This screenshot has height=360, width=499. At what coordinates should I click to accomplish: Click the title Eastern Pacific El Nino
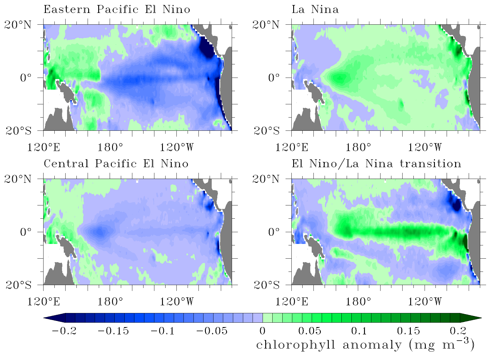coord(117,9)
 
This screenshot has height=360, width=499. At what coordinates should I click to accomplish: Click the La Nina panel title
coord(315,9)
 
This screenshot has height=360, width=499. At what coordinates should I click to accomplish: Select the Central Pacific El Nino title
coord(116,164)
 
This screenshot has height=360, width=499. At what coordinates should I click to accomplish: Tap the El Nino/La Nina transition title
coord(376,164)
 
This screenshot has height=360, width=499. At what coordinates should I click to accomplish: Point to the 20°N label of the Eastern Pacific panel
coord(18,24)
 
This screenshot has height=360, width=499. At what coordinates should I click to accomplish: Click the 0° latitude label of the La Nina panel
coord(274,78)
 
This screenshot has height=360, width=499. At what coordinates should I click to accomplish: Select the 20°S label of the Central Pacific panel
coord(19,285)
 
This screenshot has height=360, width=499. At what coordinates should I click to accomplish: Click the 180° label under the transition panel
coord(358,302)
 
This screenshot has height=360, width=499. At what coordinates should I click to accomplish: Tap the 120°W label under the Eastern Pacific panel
coord(177,148)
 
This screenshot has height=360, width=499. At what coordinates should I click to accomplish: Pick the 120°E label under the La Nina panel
coord(292,148)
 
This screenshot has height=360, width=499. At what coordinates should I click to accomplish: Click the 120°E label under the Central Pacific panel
coord(44,302)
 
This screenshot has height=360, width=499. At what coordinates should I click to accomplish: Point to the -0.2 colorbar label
coord(64,331)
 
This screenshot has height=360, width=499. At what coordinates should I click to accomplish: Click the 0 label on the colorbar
coord(263,331)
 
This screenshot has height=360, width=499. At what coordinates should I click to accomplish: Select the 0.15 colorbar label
coord(408,331)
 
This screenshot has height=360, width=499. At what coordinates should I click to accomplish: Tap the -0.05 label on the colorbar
coord(212,331)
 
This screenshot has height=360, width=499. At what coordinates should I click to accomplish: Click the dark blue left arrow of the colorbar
coord(55,318)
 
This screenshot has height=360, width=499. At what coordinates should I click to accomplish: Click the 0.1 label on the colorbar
coord(359,331)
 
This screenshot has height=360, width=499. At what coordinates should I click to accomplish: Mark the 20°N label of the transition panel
coord(266,179)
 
